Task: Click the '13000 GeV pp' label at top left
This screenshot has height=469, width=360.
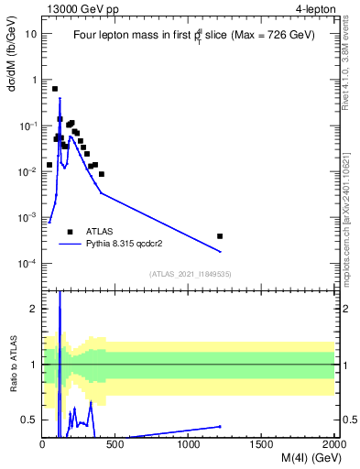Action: pyautogui.click(x=81, y=8)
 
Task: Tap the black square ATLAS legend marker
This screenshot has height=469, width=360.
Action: pyautogui.click(x=70, y=232)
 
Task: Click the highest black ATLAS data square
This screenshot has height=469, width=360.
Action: pyautogui.click(x=55, y=89)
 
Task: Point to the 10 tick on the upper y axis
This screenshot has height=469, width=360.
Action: pyautogui.click(x=31, y=34)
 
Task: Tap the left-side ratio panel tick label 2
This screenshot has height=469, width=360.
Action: pyautogui.click(x=34, y=309)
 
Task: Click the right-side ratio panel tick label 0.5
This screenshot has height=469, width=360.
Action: pyautogui.click(x=349, y=420)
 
